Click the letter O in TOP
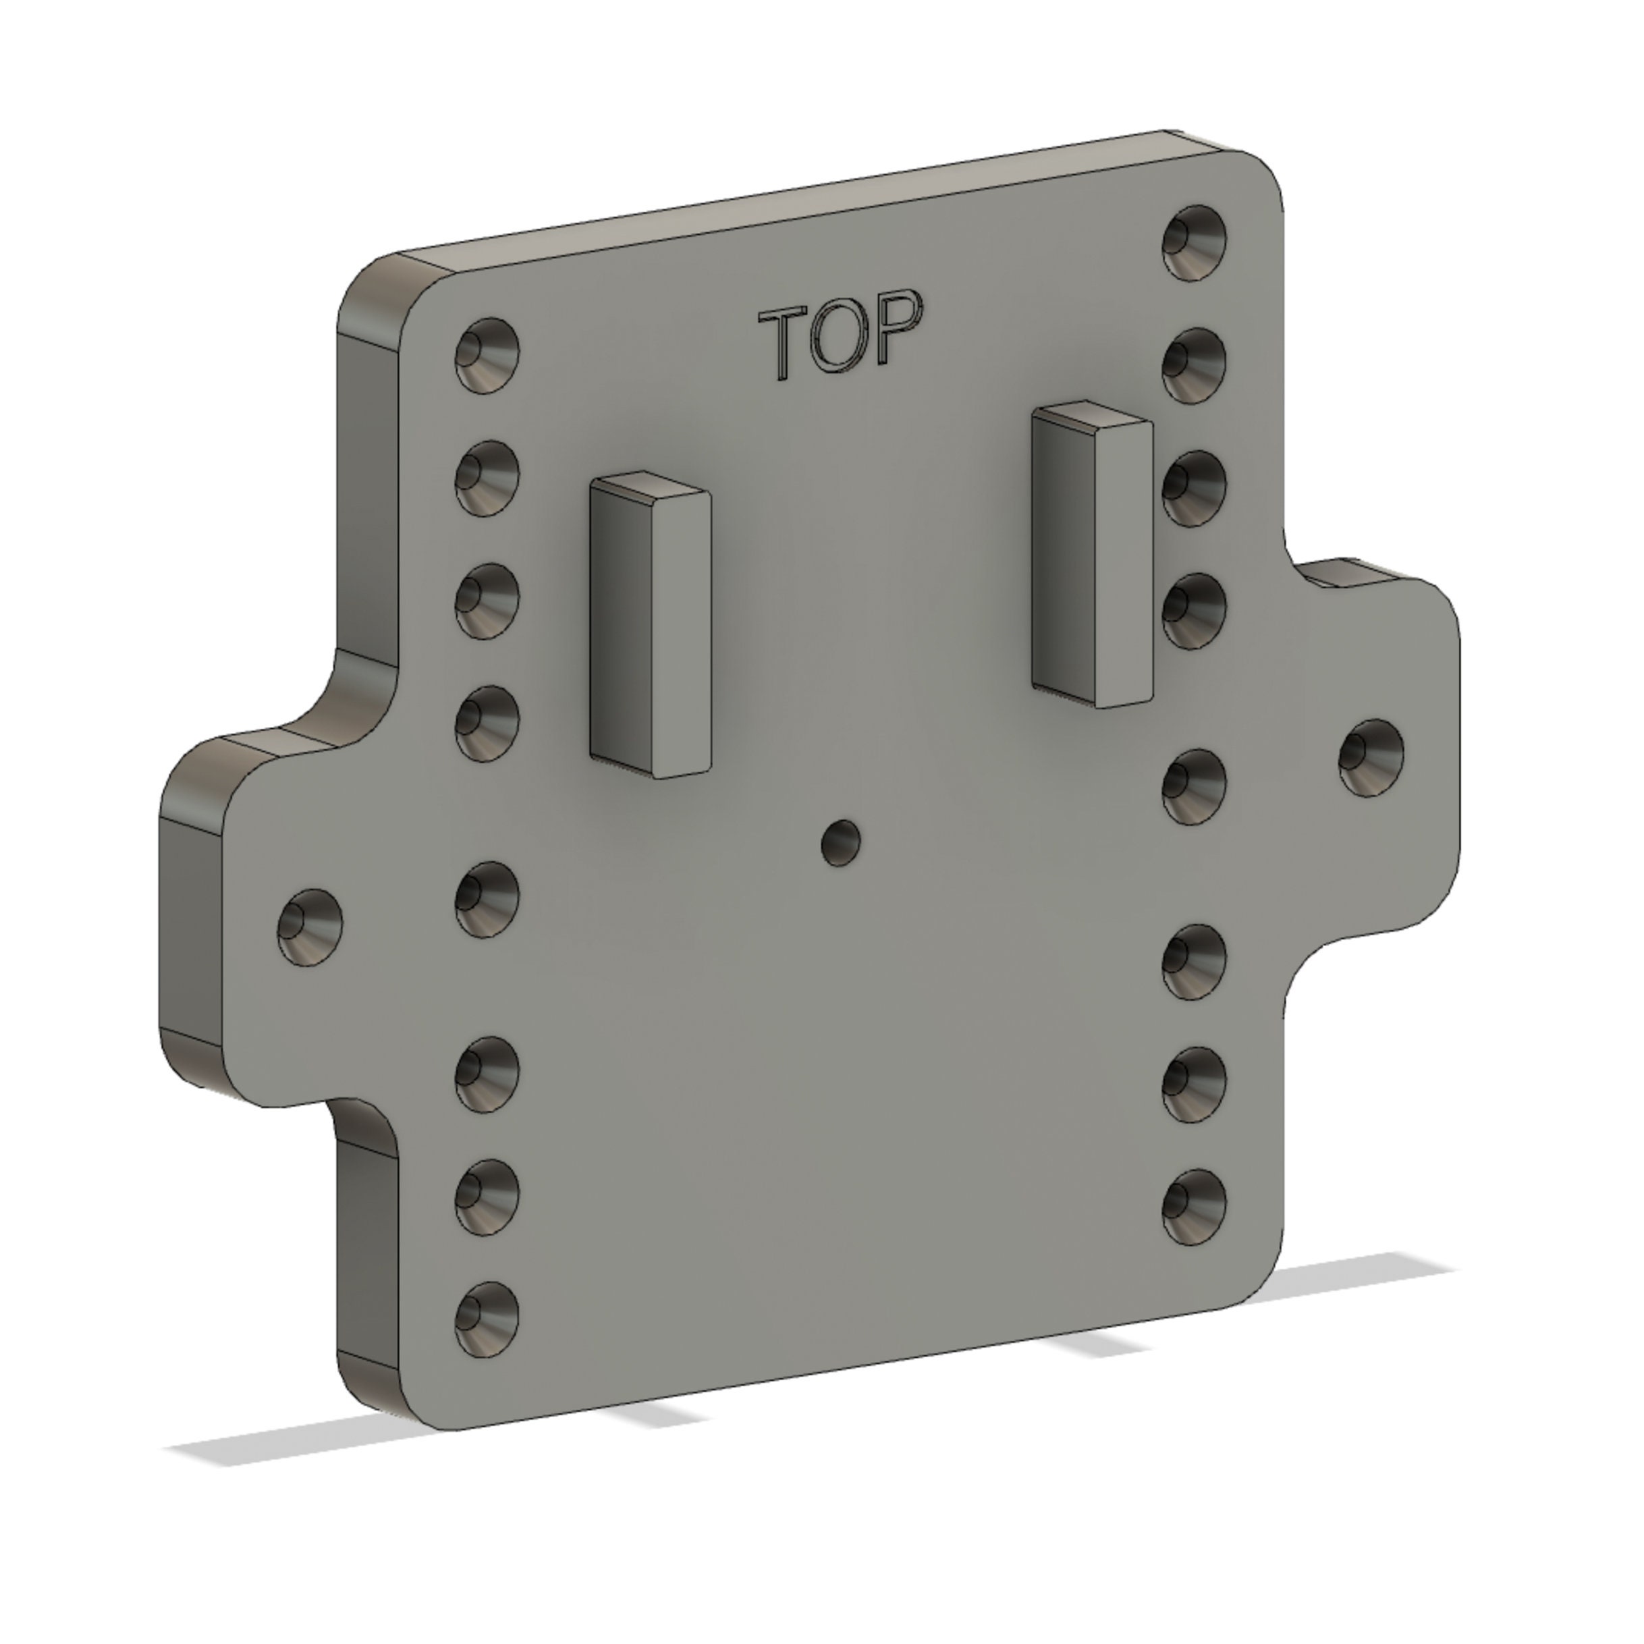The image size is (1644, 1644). [838, 339]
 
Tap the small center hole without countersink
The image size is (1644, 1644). [841, 842]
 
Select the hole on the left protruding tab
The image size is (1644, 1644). [310, 927]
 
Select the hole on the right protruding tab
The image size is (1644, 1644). [1371, 757]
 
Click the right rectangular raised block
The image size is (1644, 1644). [1093, 561]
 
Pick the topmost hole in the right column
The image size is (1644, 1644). [1195, 242]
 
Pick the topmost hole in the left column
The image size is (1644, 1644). [487, 356]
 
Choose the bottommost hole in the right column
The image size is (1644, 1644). [1195, 1207]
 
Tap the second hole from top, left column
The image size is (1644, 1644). [487, 477]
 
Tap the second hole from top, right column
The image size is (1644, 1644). [1195, 366]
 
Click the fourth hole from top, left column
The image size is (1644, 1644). [487, 723]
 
